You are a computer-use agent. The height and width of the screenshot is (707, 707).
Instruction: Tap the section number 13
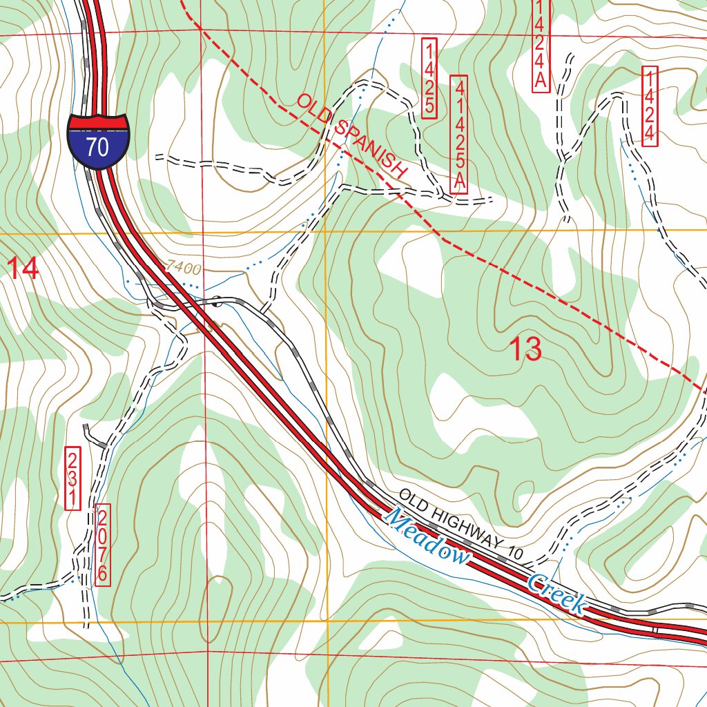(x=525, y=350)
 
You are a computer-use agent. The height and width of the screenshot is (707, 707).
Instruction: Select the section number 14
(x=23, y=269)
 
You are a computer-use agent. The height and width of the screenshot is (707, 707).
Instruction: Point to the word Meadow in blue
(x=427, y=537)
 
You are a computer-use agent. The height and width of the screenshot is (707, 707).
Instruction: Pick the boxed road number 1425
(x=429, y=78)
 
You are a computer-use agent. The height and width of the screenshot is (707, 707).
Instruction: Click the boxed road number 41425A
(x=459, y=134)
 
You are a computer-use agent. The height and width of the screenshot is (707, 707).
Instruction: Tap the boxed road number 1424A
(x=541, y=45)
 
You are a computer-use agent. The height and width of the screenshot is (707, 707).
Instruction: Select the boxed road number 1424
(x=649, y=106)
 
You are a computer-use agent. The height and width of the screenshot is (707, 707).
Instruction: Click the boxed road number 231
(x=72, y=478)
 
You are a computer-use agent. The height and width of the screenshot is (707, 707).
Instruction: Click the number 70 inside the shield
(x=98, y=146)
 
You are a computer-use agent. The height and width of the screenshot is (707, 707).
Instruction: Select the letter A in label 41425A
(x=460, y=184)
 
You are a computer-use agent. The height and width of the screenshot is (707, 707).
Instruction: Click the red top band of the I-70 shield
(x=98, y=122)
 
